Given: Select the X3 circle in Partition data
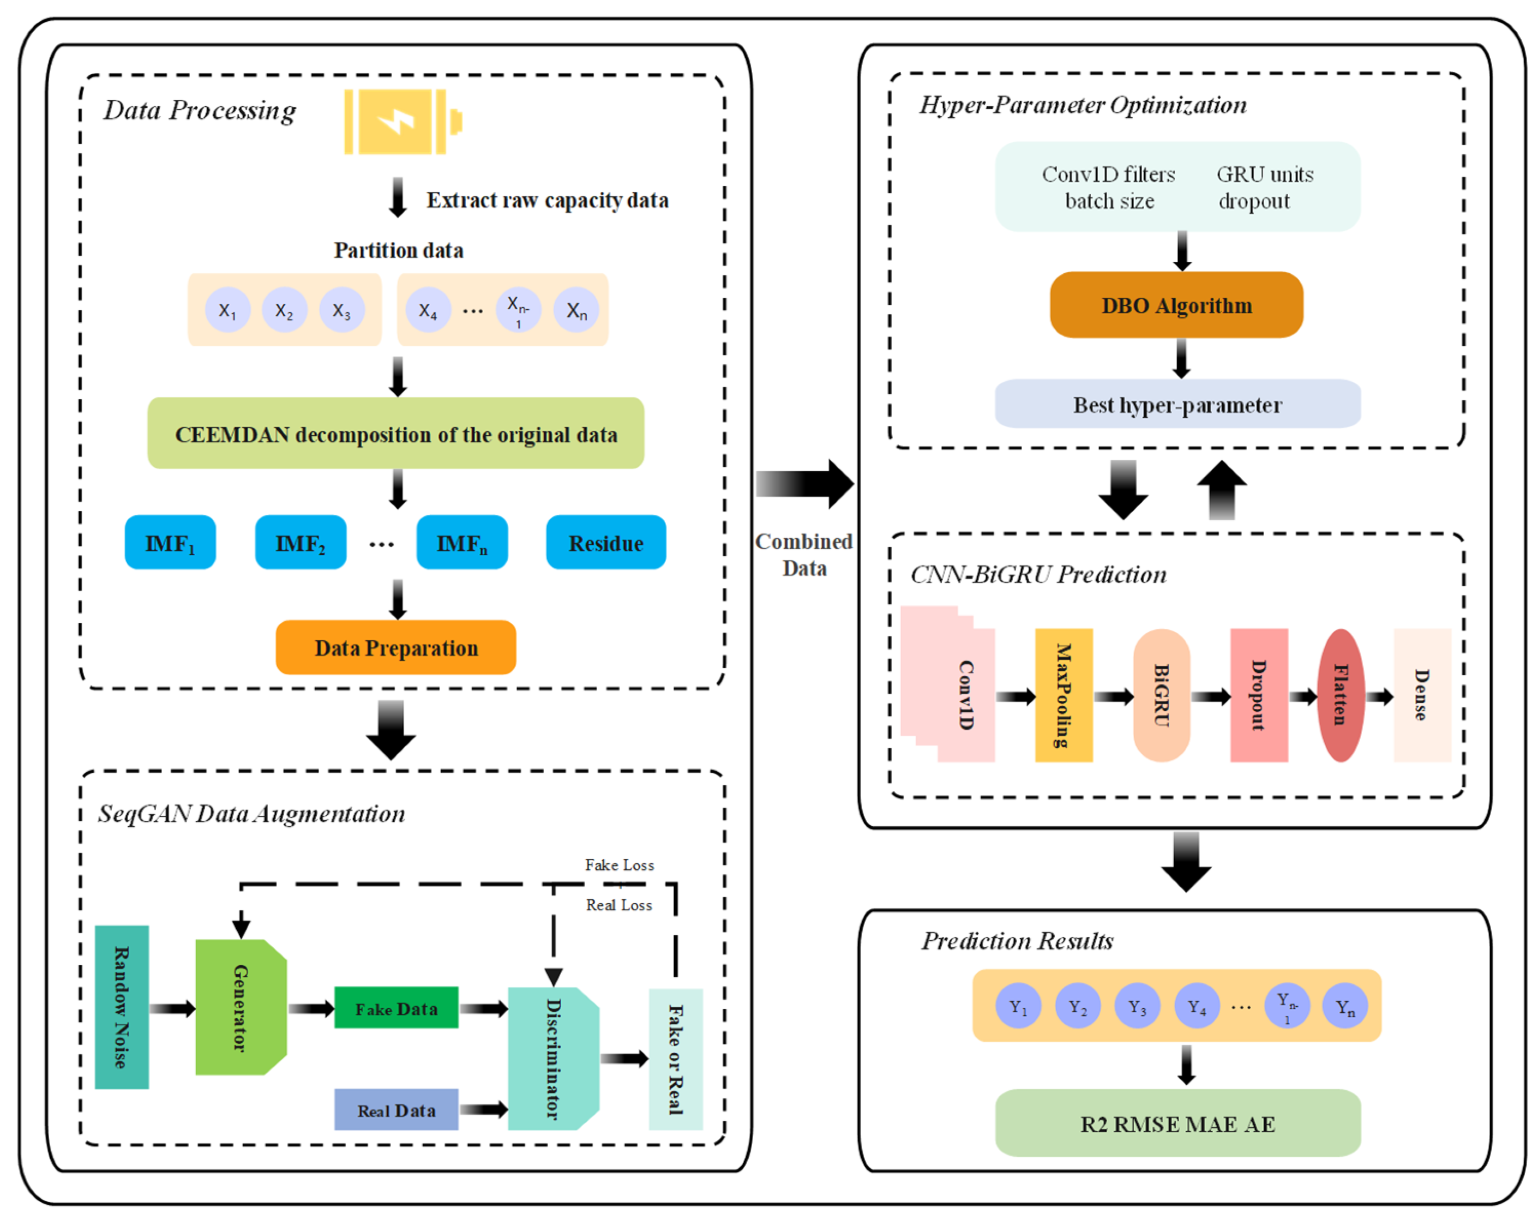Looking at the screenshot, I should (342, 310).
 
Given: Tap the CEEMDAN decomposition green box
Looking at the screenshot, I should (396, 433).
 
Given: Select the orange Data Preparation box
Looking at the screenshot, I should (396, 647).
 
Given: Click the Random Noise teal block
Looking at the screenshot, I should (122, 1007).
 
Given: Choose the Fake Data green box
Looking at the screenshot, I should (396, 1007).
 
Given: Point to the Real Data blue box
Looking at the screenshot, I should (396, 1109).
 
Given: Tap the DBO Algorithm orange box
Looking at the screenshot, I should (1176, 305).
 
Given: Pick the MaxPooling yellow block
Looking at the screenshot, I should (1064, 695).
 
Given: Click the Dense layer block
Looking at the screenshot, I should (1422, 695).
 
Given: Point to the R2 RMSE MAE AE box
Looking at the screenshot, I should (1177, 1123).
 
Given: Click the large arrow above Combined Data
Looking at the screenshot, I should (804, 484).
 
